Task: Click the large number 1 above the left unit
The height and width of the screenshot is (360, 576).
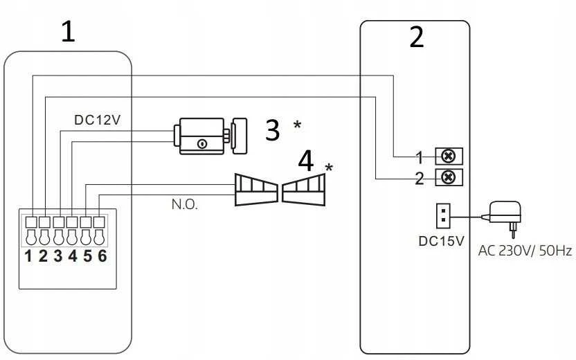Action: coord(68,31)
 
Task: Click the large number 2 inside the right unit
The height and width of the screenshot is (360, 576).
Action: coord(417,37)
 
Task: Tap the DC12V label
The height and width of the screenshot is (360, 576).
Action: coord(98,120)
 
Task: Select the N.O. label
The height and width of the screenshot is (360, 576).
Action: coord(184,204)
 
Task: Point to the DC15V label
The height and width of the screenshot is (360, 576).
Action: coord(441,241)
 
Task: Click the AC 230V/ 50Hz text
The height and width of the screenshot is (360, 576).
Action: coord(525,251)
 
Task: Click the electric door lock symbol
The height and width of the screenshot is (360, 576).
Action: coord(210,136)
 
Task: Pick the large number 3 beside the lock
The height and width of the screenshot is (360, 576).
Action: coord(272,130)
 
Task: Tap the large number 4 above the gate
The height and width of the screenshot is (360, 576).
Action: coord(305,161)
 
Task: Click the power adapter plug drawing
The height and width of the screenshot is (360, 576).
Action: coord(503,217)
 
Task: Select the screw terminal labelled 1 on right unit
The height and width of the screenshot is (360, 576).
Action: coord(449,156)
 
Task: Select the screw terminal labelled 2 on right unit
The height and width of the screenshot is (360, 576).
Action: coord(449,177)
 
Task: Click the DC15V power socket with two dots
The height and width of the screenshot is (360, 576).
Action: coord(443,215)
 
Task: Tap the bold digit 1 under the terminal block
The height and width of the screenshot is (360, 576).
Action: coord(28,256)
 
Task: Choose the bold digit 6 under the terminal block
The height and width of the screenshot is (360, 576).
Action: coord(102,256)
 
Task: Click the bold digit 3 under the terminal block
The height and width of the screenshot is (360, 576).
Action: coord(57,256)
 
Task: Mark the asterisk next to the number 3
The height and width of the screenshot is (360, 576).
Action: coord(297,125)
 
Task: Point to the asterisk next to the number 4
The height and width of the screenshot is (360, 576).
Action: coord(329,168)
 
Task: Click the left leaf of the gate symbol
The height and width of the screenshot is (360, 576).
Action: coord(256,190)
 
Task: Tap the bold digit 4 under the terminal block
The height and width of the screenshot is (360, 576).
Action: coord(73,256)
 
